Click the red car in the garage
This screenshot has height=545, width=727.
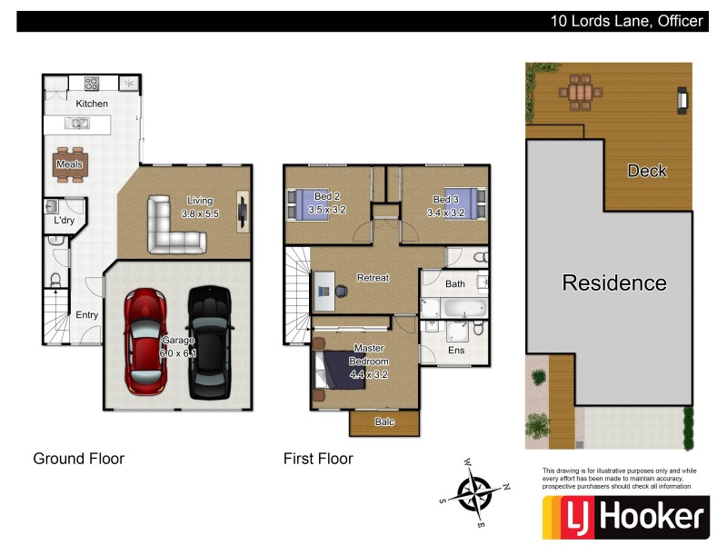146,341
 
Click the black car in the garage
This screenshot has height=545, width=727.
208,342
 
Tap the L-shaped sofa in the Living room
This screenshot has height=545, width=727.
174,226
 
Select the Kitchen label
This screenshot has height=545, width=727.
92,104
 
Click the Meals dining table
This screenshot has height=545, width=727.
70,164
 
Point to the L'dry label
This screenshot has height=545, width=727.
64,221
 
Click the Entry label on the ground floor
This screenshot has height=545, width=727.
86,315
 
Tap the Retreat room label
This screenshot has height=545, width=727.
373,278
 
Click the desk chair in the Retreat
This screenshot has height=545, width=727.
341,291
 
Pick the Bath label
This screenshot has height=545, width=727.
455,284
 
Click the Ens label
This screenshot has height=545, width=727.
456,349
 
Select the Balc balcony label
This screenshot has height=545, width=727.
384,421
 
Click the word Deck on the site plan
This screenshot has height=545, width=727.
647,171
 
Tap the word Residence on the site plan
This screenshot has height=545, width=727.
614,282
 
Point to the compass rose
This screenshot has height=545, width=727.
473,494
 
